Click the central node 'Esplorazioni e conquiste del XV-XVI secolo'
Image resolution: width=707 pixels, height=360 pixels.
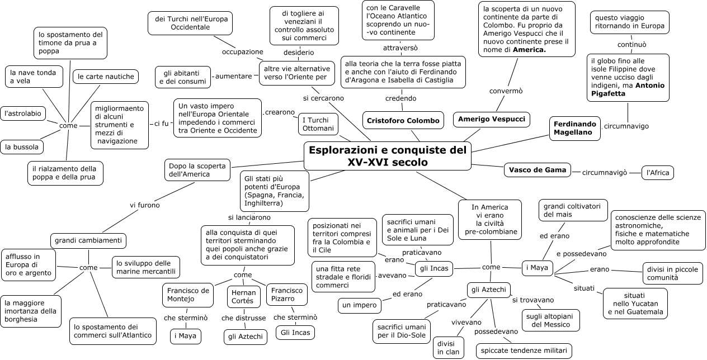[388, 156]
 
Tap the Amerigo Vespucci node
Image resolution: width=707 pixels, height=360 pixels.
[491, 120]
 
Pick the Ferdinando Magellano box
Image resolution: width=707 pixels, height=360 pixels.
[574, 128]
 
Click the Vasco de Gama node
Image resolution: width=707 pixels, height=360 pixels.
[538, 170]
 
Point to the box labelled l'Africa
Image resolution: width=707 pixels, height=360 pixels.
[657, 173]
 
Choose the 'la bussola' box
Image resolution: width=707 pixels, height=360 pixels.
[22, 147]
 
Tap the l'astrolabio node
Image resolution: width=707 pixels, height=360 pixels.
[23, 113]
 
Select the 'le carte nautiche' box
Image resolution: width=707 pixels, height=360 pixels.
[106, 77]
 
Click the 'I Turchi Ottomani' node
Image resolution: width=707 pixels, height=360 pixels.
[318, 124]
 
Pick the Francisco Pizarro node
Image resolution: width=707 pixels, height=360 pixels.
[288, 295]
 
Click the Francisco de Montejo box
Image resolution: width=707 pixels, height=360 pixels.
[188, 295]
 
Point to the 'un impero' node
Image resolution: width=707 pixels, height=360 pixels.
[360, 306]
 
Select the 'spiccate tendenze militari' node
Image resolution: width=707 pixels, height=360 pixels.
[524, 351]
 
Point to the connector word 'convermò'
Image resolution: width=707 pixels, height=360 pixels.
[506, 91]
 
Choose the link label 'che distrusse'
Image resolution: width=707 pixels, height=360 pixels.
[243, 318]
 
